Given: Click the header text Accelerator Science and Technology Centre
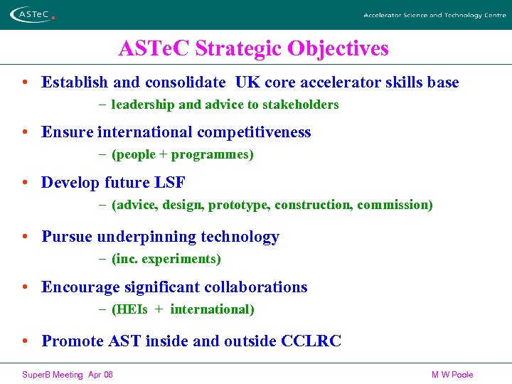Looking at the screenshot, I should pyautogui.click(x=434, y=15).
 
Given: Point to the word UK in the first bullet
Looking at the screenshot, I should pyautogui.click(x=247, y=82).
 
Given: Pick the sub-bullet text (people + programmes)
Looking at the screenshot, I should pyautogui.click(x=183, y=154).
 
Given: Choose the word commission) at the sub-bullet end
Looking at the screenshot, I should pyautogui.click(x=395, y=205).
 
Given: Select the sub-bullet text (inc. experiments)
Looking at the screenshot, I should pyautogui.click(x=166, y=259).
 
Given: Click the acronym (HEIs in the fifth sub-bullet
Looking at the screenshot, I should pyautogui.click(x=129, y=309).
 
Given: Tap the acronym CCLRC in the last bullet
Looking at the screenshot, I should pyautogui.click(x=311, y=341).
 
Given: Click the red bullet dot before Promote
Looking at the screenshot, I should pyautogui.click(x=25, y=341).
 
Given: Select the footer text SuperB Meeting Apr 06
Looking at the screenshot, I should pyautogui.click(x=67, y=375).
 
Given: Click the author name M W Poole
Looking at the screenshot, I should pyautogui.click(x=452, y=375).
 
